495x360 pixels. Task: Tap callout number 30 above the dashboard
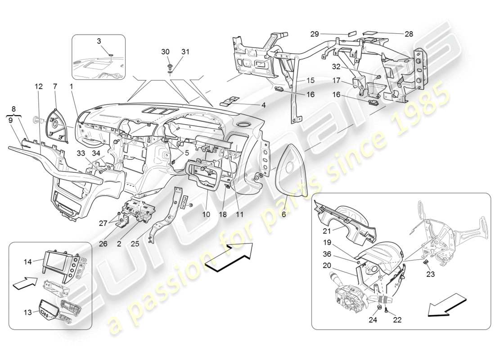click(x=165, y=52)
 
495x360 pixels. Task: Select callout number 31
click(x=185, y=52)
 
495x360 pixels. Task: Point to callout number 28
click(x=409, y=34)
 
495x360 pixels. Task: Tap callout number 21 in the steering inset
click(x=327, y=231)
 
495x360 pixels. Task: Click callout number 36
click(x=327, y=254)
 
